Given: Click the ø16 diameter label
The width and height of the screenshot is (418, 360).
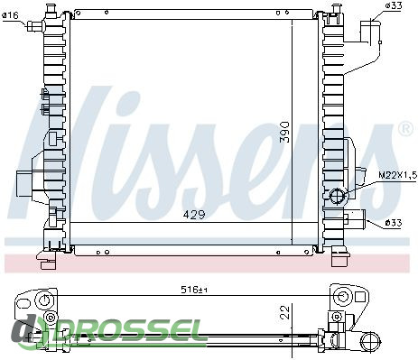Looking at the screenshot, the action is (x=11, y=15).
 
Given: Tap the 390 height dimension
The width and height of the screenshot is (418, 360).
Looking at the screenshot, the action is (x=284, y=133).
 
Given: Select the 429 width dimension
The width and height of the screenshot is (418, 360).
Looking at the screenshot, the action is (x=194, y=215).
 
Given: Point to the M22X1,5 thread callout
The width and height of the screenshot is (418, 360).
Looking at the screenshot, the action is (x=397, y=175).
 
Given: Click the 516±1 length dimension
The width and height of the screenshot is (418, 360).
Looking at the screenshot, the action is (x=194, y=290).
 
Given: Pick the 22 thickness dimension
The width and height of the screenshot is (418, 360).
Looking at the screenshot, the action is (x=284, y=312).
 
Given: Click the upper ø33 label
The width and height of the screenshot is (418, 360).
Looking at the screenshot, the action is (x=394, y=6).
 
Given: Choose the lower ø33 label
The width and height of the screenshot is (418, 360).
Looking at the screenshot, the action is (x=394, y=223).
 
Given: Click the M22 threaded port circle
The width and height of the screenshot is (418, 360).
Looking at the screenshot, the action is (x=338, y=196).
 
